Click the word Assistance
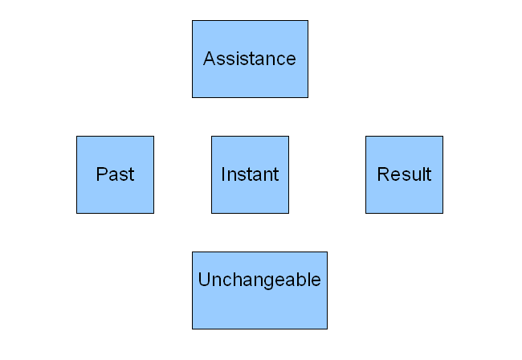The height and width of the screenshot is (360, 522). pos(250,59)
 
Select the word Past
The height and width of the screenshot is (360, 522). pos(115,174)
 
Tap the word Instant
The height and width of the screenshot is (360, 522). pos(250,174)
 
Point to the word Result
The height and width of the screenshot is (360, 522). pos(404,174)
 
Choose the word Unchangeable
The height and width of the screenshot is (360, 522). pos(259,280)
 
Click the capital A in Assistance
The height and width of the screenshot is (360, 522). pos(210,59)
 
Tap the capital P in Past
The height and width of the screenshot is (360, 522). pos(101,174)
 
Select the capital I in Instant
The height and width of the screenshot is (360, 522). pos(222,174)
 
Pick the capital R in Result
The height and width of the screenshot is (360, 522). pos(383,174)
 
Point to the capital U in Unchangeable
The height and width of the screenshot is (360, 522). pos(205,280)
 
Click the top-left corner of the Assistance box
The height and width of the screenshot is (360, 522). pos(192,21)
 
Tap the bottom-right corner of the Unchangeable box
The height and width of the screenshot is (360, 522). pos(327,329)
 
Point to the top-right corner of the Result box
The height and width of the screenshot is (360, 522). pos(443,137)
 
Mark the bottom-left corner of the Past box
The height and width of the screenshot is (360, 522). pos(76,213)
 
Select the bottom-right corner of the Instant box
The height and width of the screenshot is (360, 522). pos(288,213)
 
